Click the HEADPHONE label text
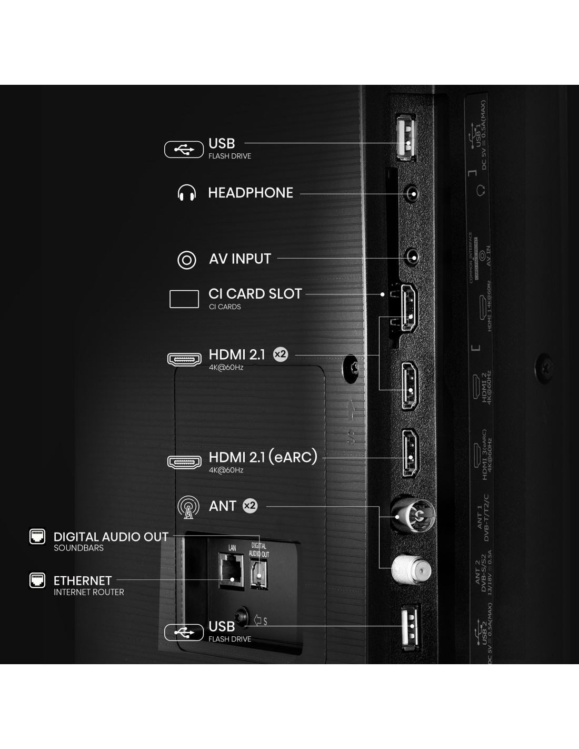point(251,193)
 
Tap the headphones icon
point(187,193)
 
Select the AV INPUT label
point(240,259)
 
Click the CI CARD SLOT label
point(255,294)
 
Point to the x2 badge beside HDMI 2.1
point(281,354)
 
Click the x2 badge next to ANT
point(250,506)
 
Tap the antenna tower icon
point(188,507)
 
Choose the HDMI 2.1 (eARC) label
point(263,457)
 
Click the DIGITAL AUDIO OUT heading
point(111,537)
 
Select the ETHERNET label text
point(83,581)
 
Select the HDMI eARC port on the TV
point(411,453)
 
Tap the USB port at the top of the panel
point(406,137)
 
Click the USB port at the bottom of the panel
point(411,628)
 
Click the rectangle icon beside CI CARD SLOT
point(184,299)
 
